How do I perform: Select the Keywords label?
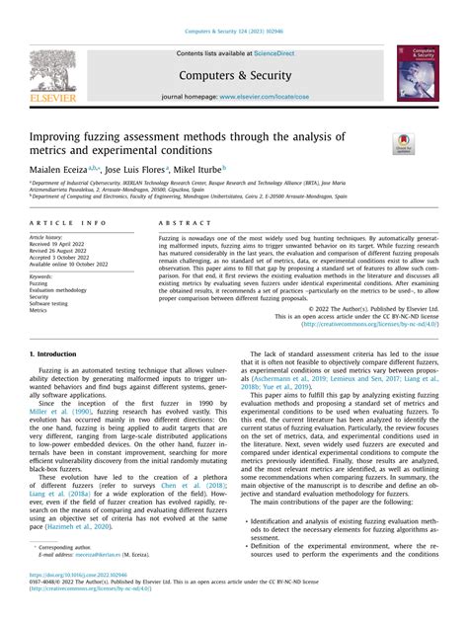point(44,277)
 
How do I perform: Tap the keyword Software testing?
point(52,302)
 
